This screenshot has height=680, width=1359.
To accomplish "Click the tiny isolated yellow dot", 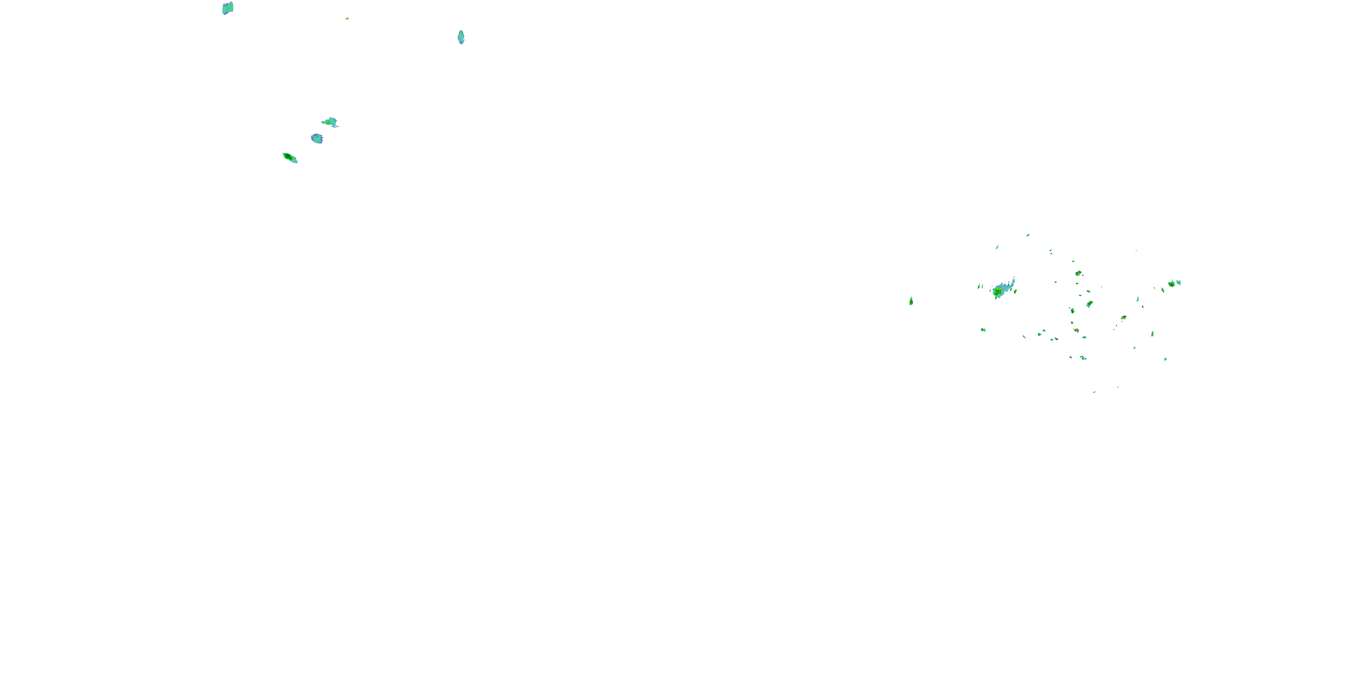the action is pos(347,19).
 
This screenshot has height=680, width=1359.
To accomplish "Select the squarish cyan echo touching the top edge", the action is pos(227,8).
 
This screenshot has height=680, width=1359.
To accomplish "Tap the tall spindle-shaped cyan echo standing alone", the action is pos(461,37).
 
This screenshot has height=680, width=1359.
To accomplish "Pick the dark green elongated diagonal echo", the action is pos(289,157).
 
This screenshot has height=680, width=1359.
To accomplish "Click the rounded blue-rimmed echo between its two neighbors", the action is pos(317,138).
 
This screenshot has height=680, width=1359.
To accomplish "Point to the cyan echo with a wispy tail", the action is pos(330,122).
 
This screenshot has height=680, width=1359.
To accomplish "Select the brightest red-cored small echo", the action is pos(1076,330).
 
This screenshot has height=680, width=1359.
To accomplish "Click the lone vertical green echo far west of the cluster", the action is pos(911,301).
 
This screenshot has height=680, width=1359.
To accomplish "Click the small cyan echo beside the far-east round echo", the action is pos(1179,282).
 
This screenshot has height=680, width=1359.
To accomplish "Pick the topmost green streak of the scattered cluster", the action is pos(1028,235).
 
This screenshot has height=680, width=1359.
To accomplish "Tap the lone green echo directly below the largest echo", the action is pos(983,330).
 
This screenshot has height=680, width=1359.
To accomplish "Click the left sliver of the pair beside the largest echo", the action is pos(978,287).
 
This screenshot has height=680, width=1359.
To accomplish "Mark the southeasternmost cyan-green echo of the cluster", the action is pos(1166,359).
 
